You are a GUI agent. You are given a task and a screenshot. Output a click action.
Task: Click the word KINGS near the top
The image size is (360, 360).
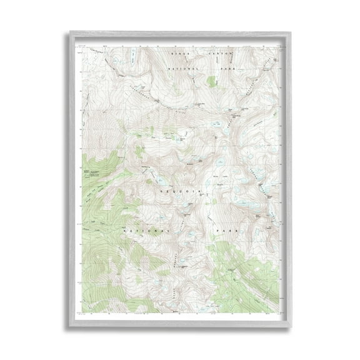(x=182, y=54)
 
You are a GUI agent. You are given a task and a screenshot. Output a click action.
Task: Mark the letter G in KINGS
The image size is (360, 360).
(x=187, y=54)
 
